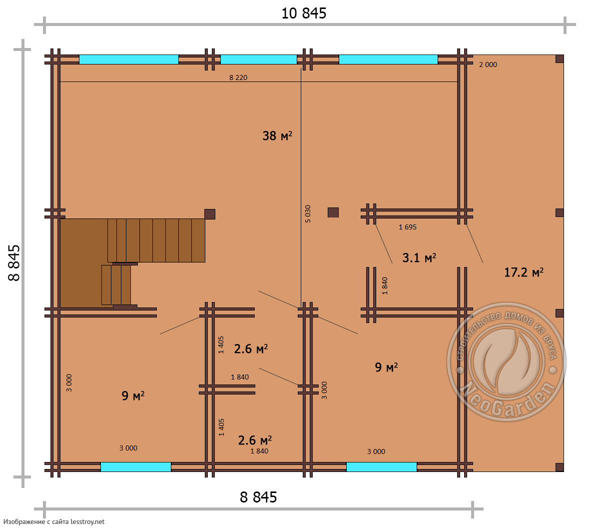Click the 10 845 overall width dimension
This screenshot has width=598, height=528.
point(304,13)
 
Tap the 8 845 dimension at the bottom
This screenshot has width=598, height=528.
point(258,497)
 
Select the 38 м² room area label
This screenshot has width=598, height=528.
point(277,135)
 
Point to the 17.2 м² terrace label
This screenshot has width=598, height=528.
point(524,272)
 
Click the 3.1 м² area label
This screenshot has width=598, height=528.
point(419,257)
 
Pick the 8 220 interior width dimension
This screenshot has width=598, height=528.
point(238,77)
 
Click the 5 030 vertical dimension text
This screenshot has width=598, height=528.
point(308,214)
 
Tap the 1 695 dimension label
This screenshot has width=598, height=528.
point(408,227)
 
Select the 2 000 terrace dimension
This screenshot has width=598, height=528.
point(488,64)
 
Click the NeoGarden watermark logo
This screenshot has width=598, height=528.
point(507,361)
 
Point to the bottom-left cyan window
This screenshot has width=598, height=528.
point(136,467)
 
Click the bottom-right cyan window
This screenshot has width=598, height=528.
point(382,467)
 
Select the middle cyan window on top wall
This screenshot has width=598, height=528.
point(259,59)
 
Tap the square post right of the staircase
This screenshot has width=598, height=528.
point(210,214)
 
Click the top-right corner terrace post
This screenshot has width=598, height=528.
point(560,59)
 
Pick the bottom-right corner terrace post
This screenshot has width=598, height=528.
point(560,467)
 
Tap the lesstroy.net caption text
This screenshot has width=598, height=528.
point(54,521)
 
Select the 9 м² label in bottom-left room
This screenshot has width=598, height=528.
point(133,395)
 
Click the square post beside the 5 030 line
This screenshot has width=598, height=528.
point(333,212)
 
